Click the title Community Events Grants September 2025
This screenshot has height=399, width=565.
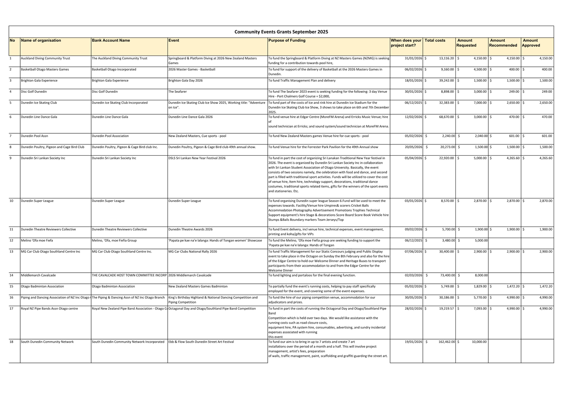point(281,32)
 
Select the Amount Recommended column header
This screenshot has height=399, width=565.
point(503,43)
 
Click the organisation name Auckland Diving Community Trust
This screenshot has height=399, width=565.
point(45,59)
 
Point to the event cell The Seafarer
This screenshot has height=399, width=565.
point(177,92)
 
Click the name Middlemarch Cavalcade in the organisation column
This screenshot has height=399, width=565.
point(38,275)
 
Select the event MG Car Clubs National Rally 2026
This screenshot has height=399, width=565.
point(192,252)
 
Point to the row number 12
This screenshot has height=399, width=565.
point(11,241)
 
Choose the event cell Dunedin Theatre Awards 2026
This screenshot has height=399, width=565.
point(190,230)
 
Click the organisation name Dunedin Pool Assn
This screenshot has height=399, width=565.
point(34,136)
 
